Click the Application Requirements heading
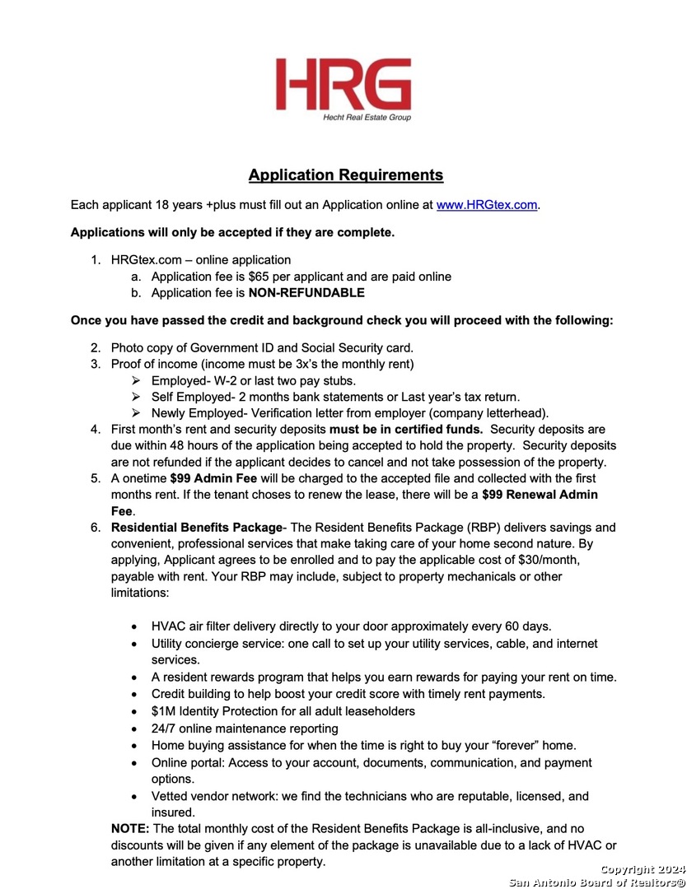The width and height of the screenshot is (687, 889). point(346,175)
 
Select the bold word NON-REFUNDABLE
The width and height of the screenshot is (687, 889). point(306,293)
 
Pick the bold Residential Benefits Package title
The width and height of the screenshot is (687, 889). point(196,528)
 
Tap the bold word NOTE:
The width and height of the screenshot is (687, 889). point(130,828)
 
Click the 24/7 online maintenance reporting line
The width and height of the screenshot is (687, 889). point(245,728)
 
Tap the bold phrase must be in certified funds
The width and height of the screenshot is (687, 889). point(406,430)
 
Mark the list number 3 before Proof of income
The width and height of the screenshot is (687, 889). point(95,364)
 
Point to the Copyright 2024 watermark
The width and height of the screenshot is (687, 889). point(642,870)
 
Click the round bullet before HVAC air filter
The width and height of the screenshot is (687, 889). point(134,626)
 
